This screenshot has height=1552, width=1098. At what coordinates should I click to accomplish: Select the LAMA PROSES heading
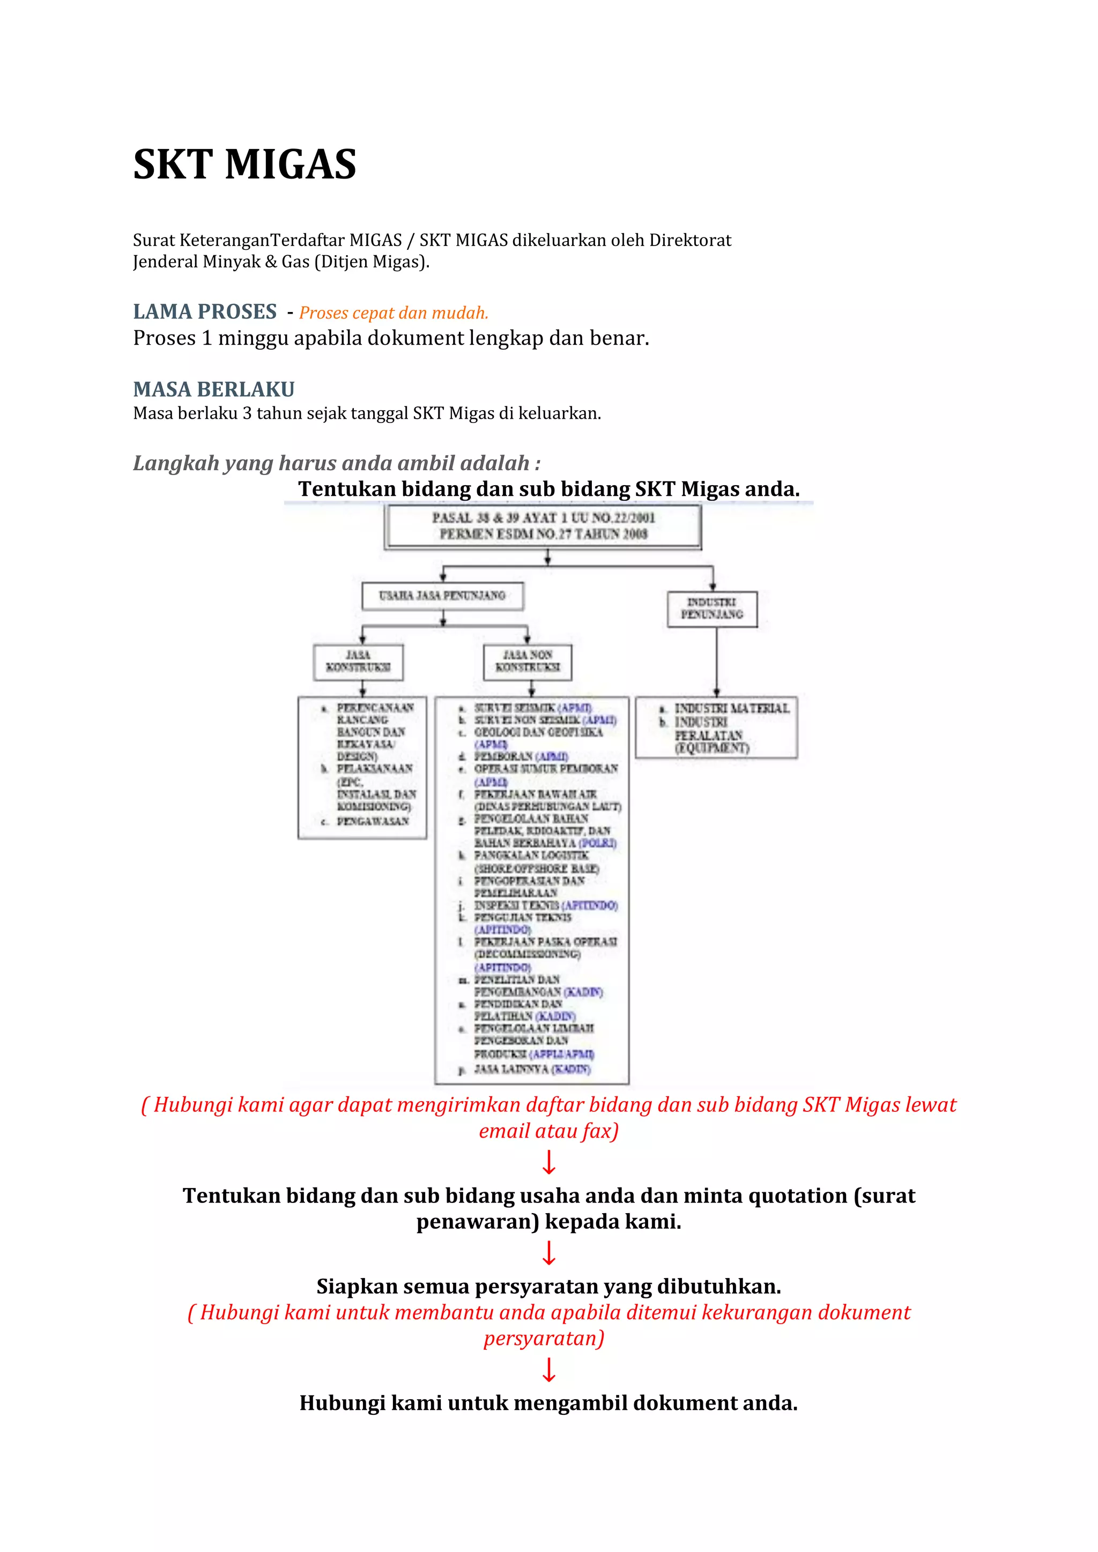tap(205, 311)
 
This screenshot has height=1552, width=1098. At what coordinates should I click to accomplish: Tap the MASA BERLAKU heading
tap(214, 389)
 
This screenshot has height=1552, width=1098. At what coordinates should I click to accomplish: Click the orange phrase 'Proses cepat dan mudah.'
tap(394, 313)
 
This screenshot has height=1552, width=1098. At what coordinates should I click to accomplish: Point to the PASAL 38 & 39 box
tap(543, 526)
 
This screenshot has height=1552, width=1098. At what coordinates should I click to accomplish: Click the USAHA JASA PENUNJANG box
tap(442, 596)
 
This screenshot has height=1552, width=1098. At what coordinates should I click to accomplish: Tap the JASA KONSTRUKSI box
tap(358, 661)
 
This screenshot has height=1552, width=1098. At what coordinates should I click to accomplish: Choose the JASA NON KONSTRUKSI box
tap(528, 661)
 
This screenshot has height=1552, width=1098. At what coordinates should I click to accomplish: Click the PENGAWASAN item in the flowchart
tap(373, 821)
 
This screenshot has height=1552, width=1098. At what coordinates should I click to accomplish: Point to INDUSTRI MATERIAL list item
tap(731, 708)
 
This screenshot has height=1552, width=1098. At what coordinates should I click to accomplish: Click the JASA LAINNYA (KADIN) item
tap(532, 1068)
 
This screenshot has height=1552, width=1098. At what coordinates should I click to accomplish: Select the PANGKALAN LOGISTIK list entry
tap(531, 856)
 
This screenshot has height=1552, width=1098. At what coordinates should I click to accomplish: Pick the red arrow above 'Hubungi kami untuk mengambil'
tap(549, 1370)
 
